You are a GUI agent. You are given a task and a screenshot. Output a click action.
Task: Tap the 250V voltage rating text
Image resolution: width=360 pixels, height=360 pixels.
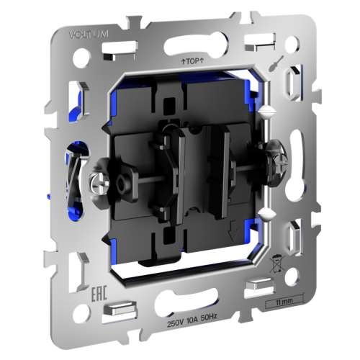[176, 325]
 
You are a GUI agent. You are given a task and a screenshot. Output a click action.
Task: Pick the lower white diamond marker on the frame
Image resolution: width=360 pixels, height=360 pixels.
[266, 212]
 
